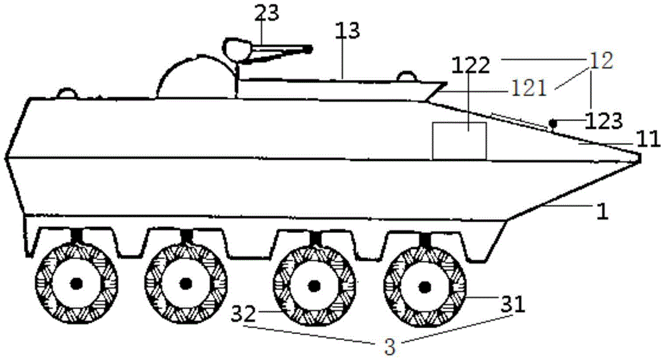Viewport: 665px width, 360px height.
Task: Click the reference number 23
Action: point(267,13)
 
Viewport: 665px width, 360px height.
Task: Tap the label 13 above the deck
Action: point(347,31)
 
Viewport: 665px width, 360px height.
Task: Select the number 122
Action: point(471,66)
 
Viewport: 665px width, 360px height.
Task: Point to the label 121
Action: point(529,90)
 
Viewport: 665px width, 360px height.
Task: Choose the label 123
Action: point(604,122)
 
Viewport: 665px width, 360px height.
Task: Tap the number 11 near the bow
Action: point(647,139)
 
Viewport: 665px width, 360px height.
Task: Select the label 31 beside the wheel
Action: point(513,304)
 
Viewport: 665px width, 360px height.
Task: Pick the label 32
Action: point(244,314)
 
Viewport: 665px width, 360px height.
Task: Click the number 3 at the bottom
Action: point(390,347)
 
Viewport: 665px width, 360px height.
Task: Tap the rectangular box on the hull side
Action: point(459,141)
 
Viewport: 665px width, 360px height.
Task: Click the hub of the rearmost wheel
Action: point(76,283)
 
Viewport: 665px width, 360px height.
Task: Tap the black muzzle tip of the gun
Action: point(309,50)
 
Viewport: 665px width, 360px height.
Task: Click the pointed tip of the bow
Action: point(640,158)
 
